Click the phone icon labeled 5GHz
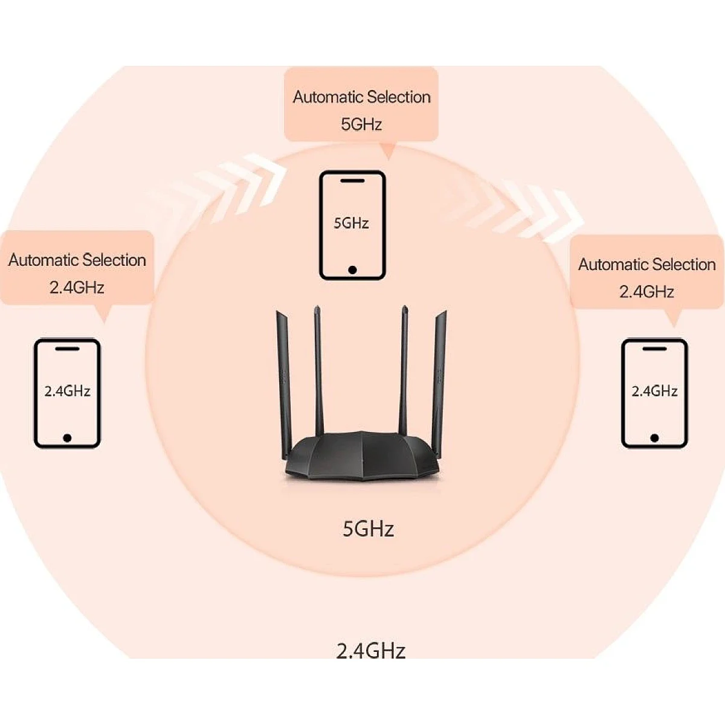click(x=352, y=225)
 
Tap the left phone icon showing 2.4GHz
click(x=67, y=393)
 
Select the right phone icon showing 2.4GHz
click(x=655, y=393)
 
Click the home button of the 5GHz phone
click(x=352, y=269)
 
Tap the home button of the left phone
click(x=67, y=438)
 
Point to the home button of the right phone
click(x=655, y=438)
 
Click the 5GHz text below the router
click(x=369, y=529)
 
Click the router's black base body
click(x=362, y=456)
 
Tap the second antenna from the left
click(x=318, y=370)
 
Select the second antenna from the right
click(x=404, y=370)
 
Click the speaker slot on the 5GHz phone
click(x=352, y=181)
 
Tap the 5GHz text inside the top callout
click(x=361, y=124)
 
